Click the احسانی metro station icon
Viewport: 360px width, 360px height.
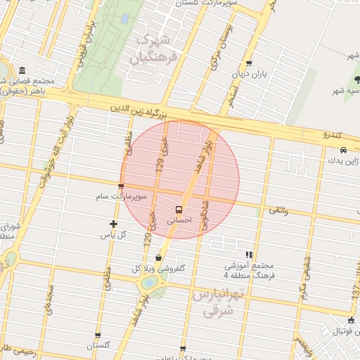tap(178, 210)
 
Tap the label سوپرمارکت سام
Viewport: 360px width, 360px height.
tap(123, 198)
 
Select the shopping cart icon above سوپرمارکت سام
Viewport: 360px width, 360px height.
tap(121, 187)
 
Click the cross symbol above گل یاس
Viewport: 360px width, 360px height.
tap(113, 224)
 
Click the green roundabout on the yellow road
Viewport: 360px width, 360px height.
tap(150, 283)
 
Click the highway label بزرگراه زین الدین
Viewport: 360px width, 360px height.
tap(138, 110)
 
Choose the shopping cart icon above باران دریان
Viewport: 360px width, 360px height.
tap(249, 63)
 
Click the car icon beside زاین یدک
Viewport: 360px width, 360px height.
tap(342, 150)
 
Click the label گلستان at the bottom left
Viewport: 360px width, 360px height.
tap(98, 346)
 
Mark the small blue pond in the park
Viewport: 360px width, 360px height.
tap(124, 18)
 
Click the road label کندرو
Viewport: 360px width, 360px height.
tap(331, 134)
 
